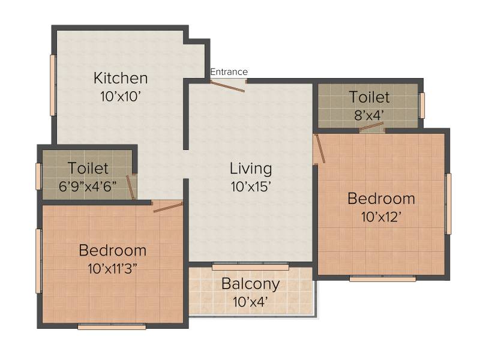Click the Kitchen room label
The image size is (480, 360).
click(121, 78)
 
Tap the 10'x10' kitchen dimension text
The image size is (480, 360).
click(121, 97)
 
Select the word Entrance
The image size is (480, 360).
click(229, 72)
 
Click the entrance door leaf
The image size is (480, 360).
click(227, 86)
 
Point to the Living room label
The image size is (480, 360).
click(251, 169)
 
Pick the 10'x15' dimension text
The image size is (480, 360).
click(251, 187)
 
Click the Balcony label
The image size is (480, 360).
click(250, 284)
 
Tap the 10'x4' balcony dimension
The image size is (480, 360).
click(250, 302)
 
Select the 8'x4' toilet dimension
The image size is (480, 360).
click(369, 115)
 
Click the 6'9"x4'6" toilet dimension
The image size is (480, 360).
click(88, 186)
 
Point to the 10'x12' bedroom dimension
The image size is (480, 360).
click(381, 217)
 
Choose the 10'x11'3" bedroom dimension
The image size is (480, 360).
click(112, 269)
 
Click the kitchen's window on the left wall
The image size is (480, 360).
click(53, 85)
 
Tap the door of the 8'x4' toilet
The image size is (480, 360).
click(371, 127)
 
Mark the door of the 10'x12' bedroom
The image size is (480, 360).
click(320, 148)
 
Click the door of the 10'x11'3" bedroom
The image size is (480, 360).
click(168, 207)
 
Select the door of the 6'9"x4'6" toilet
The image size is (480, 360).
click(131, 188)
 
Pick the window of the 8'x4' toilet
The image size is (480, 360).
click(422, 106)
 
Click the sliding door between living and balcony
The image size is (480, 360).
click(250, 267)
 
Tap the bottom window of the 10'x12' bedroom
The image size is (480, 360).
click(383, 278)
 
